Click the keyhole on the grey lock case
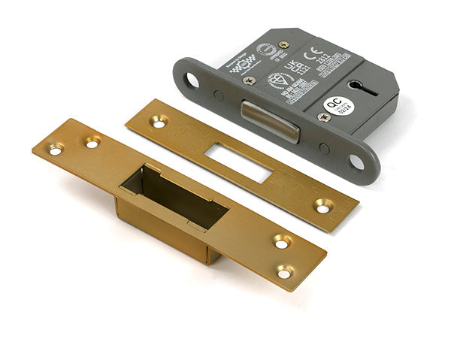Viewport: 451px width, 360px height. point(364,87)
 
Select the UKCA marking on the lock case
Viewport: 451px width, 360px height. point(295,63)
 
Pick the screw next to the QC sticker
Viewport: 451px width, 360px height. point(323,117)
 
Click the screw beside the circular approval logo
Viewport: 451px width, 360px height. point(283,44)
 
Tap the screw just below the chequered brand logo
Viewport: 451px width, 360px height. point(249,80)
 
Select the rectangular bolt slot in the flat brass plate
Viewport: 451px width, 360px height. point(238,162)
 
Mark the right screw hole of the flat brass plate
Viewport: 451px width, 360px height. point(323,204)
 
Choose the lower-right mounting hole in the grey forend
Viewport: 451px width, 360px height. point(356,161)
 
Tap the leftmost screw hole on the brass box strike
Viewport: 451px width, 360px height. point(56,150)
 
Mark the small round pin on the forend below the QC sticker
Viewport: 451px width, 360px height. point(323,148)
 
